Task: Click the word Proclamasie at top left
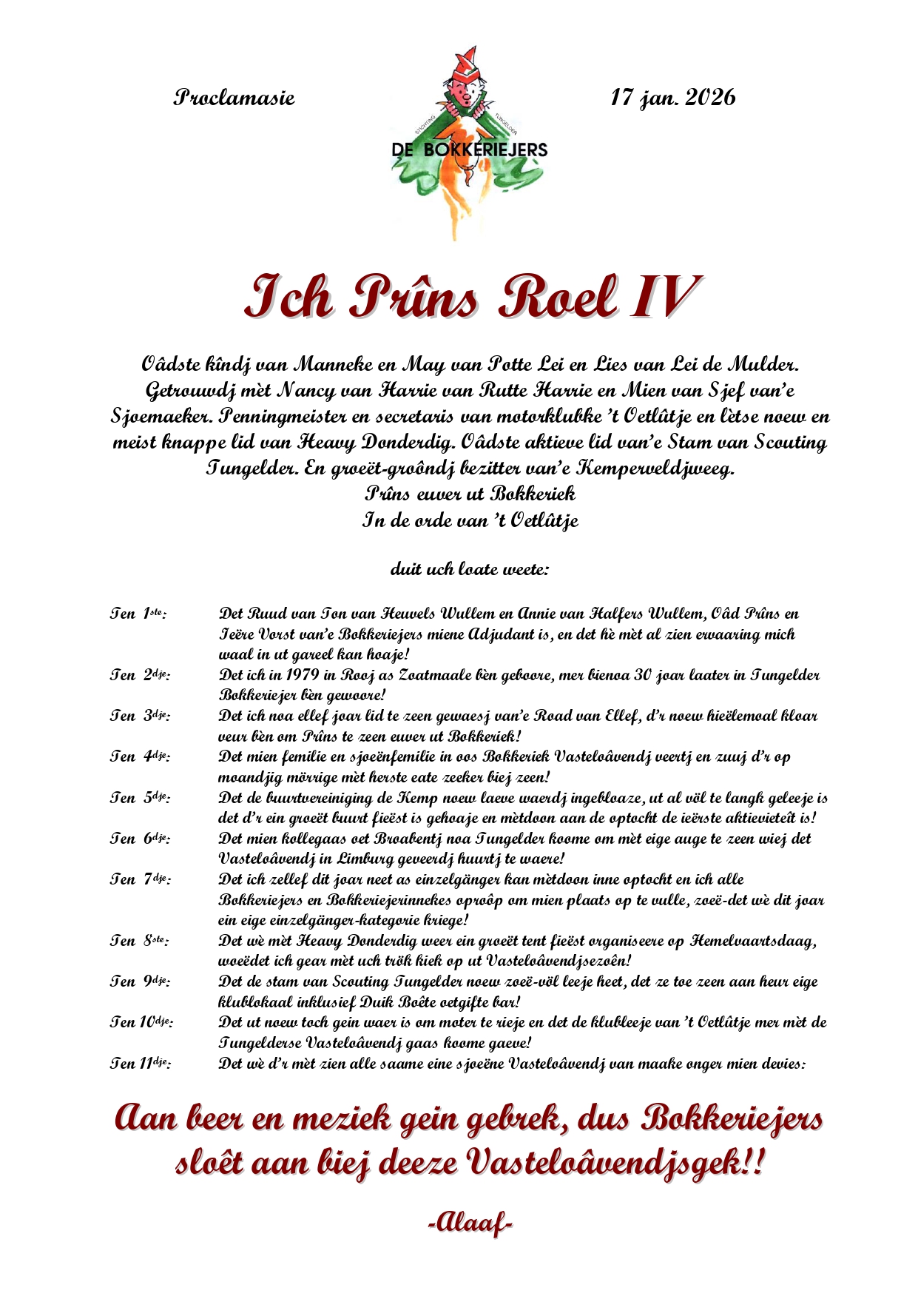pyautogui.click(x=234, y=98)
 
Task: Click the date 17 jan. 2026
pyautogui.click(x=672, y=98)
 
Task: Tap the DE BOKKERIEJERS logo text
pyautogui.click(x=470, y=150)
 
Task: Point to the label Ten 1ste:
pyautogui.click(x=138, y=614)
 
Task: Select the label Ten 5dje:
pyautogui.click(x=140, y=798)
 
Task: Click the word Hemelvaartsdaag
pyautogui.click(x=753, y=941)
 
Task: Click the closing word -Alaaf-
pyautogui.click(x=470, y=1223)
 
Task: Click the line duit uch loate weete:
pyautogui.click(x=469, y=570)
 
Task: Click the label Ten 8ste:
pyautogui.click(x=139, y=941)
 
